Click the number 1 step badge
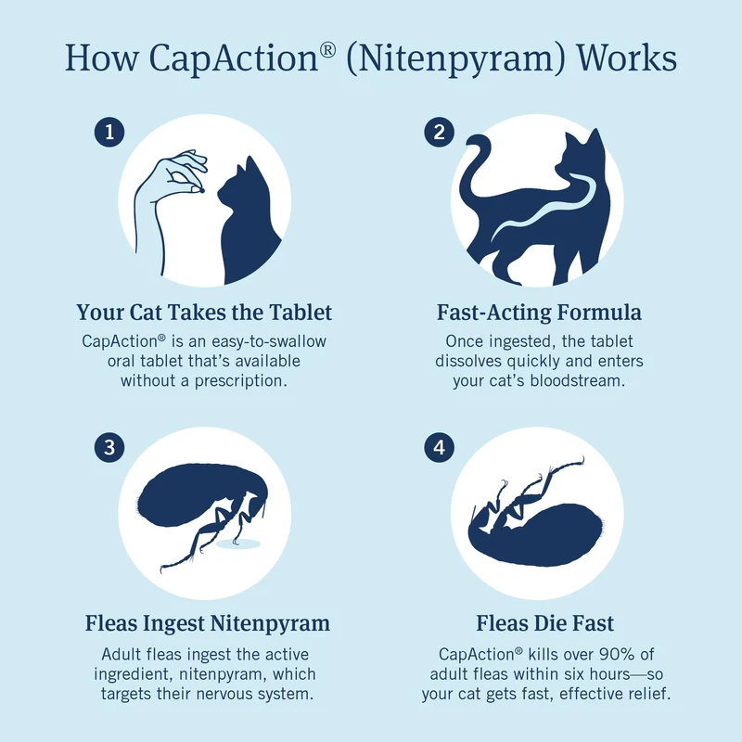109,132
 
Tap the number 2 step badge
439,132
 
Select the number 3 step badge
109,447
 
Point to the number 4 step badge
439,447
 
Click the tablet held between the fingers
201,191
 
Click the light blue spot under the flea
238,544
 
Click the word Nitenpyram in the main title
456,58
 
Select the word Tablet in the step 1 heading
301,313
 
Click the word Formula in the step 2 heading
599,313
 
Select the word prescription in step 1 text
241,381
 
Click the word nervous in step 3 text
224,694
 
